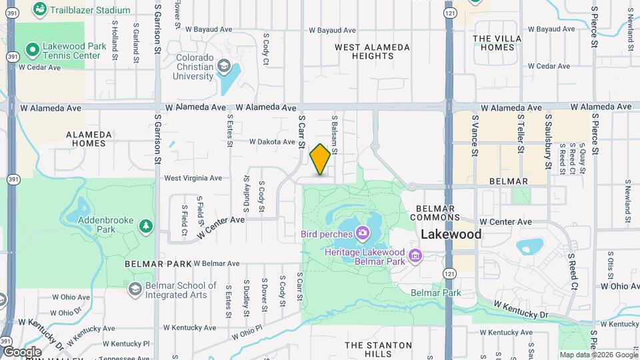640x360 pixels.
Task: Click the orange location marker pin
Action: [320, 160]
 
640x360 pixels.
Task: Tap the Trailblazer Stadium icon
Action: [40, 9]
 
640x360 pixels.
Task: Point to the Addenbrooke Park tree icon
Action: [145, 227]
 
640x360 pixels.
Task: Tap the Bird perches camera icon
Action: [363, 233]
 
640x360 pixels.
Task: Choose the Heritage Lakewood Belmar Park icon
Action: [415, 255]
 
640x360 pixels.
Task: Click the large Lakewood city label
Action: [451, 234]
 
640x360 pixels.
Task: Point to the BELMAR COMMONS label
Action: [432, 213]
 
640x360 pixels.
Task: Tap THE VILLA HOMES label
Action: [498, 43]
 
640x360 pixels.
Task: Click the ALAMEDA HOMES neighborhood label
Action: [86, 139]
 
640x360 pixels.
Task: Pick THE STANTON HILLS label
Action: [378, 349]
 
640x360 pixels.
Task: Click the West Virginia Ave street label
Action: [193, 178]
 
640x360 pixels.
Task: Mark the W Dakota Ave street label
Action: [272, 142]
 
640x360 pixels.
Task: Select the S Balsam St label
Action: [334, 134]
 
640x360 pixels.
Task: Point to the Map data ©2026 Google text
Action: [598, 355]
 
